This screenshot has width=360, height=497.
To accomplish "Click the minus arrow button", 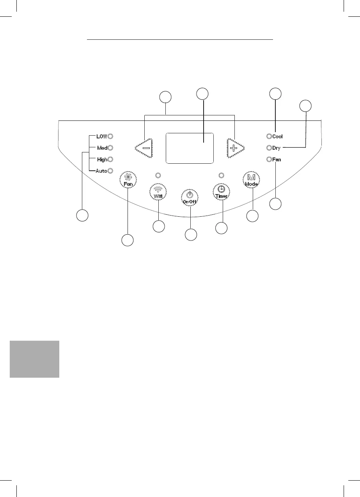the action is click(144, 148).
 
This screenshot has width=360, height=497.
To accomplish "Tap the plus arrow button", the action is click(235, 148).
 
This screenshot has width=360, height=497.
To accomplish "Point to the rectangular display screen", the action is click(190, 148).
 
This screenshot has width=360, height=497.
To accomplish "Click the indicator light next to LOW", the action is click(110, 136).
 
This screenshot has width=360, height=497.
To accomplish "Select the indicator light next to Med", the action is click(110, 148).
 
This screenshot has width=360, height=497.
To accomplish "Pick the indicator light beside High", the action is click(110, 159).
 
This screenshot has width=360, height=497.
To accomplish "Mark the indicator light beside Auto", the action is click(110, 171).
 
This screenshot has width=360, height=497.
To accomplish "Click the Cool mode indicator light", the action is click(269, 136).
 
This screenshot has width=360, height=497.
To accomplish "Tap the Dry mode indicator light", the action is click(269, 148).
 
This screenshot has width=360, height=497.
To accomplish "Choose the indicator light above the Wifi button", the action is click(158, 175).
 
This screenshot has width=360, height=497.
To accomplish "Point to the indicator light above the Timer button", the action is click(222, 175).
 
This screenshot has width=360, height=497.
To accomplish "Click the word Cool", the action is click(277, 137).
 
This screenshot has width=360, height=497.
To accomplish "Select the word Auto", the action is click(101, 171).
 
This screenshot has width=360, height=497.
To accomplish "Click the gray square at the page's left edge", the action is click(34, 359).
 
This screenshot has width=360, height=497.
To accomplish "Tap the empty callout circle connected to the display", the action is click(202, 94).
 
